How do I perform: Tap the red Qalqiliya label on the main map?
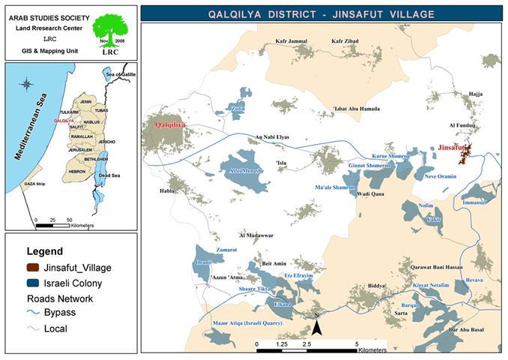tap(171, 125)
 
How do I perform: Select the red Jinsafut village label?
tap(453, 148)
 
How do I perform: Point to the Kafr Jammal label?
tap(291, 41)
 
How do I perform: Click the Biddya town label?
tap(376, 286)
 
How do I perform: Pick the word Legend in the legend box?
tap(45, 251)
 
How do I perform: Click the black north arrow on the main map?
tap(317, 327)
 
